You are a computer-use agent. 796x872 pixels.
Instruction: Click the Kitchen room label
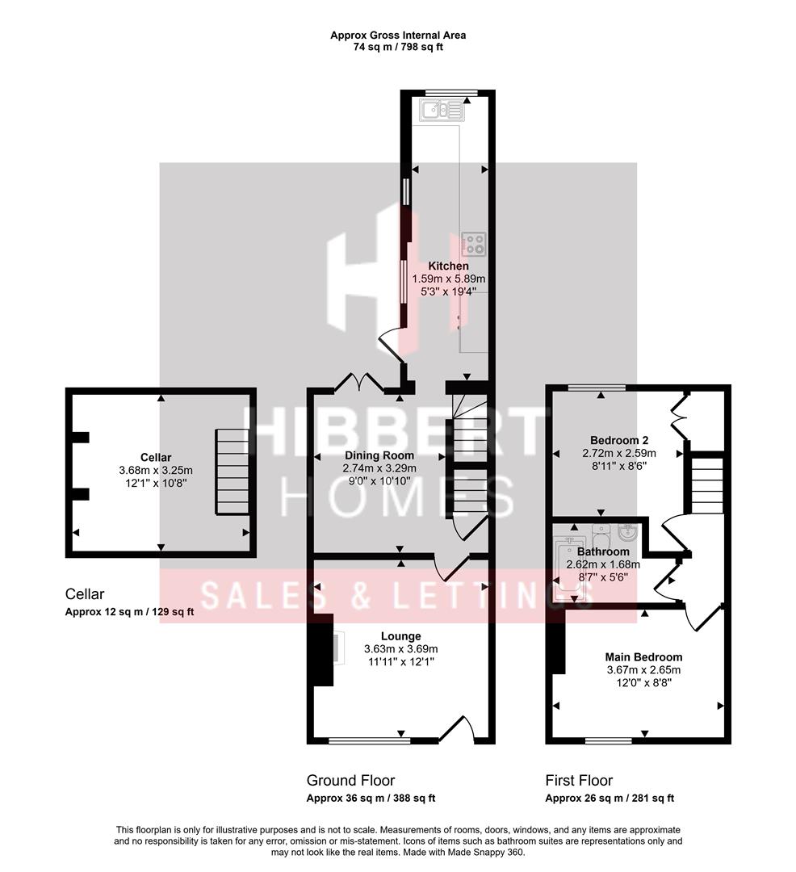click(x=448, y=266)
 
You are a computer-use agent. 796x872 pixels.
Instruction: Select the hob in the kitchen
click(x=473, y=243)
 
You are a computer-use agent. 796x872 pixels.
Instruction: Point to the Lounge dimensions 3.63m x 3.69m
click(x=400, y=649)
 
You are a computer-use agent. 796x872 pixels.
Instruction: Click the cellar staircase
click(x=231, y=472)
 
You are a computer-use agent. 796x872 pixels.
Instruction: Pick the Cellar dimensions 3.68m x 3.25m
click(x=156, y=471)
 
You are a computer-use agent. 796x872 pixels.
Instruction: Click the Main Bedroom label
click(x=643, y=656)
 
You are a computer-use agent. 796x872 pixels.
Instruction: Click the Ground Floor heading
click(x=350, y=781)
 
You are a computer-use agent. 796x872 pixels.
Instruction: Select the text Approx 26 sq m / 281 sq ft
click(x=610, y=799)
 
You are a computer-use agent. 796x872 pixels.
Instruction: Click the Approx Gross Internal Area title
click(x=398, y=35)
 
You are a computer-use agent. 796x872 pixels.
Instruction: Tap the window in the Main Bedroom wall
click(x=608, y=740)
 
